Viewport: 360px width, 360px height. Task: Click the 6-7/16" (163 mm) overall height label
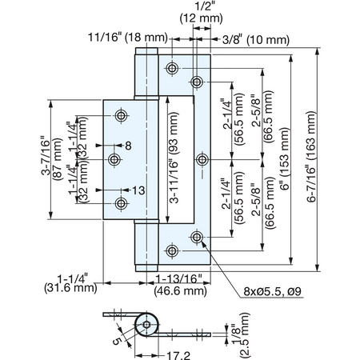311,157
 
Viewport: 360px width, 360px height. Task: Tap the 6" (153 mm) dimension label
285,158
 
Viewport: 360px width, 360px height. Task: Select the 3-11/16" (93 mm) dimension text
174,158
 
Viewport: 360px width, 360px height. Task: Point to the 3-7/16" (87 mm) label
51,159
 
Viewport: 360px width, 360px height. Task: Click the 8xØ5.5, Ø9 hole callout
272,291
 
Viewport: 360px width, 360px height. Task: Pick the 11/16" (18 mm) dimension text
128,37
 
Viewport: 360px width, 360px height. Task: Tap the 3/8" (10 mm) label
256,40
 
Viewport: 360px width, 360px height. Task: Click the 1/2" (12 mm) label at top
201,13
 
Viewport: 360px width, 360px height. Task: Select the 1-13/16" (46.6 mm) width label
181,285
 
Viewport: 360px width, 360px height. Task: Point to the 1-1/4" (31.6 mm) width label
70,283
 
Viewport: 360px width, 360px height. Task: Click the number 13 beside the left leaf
138,190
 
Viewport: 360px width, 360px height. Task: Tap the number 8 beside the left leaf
128,146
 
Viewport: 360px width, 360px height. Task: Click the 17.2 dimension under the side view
178,355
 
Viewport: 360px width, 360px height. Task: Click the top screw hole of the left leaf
122,115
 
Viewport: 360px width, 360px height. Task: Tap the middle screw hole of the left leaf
114,160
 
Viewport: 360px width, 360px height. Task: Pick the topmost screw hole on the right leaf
172,68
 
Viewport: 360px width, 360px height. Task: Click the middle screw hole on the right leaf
202,160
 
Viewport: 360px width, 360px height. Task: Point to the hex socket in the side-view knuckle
146,325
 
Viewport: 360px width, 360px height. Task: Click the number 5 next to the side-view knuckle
117,341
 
